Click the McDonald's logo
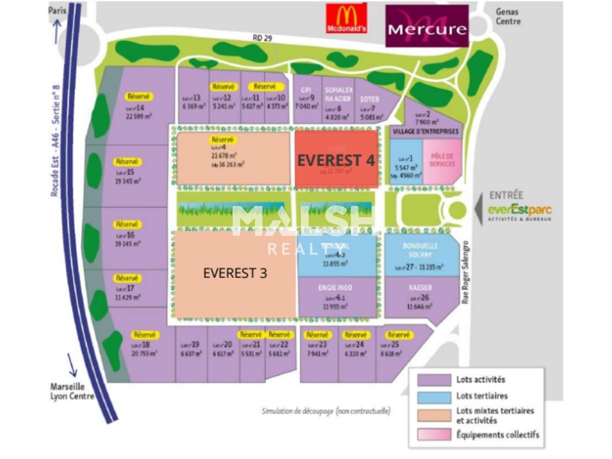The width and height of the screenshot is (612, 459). tap(347, 19)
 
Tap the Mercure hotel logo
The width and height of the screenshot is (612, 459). tap(427, 26)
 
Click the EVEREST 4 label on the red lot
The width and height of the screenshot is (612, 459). tap(336, 160)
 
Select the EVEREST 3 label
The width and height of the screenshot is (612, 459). tap(235, 273)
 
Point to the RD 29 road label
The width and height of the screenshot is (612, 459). tap(262, 38)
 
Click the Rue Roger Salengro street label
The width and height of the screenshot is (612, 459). tap(466, 273)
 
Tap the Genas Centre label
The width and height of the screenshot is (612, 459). tap(508, 17)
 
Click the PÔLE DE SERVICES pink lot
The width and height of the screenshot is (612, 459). tap(442, 160)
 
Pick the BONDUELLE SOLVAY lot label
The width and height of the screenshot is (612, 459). tap(420, 251)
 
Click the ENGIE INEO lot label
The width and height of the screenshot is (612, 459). tap(335, 288)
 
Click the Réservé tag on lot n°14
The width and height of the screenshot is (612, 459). tap(139, 97)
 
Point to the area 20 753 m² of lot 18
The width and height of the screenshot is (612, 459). tap(144, 353)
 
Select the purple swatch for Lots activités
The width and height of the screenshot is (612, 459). tap(434, 380)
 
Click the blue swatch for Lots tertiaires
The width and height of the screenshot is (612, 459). tap(434, 397)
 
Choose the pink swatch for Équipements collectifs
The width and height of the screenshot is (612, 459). tap(434, 434)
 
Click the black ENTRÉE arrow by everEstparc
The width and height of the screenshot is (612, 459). tap(479, 209)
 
